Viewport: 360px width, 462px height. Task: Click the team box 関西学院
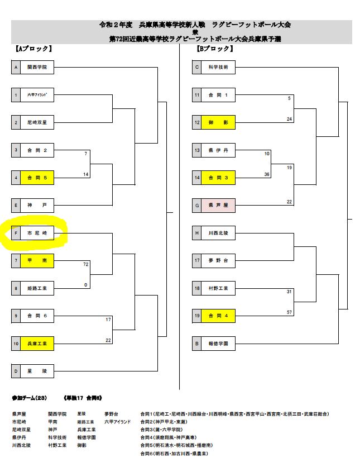tap(37, 68)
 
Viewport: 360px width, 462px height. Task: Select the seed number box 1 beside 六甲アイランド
tap(16, 95)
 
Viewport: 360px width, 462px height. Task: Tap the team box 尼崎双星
tap(37, 122)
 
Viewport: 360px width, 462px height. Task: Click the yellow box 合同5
tap(37, 178)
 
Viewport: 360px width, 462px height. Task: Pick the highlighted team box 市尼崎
tap(37, 233)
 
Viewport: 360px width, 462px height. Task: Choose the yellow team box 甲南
tap(37, 260)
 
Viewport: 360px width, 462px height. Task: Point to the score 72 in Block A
tap(86, 264)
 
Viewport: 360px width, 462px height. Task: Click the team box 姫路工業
tap(37, 288)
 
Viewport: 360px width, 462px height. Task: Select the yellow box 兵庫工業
tap(37, 343)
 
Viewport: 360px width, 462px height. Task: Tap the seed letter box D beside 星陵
tap(16, 370)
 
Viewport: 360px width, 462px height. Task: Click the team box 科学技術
tap(218, 68)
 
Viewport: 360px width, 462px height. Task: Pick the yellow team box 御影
tap(218, 122)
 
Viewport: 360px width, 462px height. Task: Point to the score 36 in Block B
tap(267, 174)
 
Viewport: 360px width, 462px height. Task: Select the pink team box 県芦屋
tap(218, 206)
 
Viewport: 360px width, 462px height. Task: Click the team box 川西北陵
tap(218, 233)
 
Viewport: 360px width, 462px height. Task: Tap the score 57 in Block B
tap(289, 312)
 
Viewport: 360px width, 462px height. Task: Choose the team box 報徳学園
tap(218, 343)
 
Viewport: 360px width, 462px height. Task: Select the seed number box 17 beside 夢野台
tap(196, 260)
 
